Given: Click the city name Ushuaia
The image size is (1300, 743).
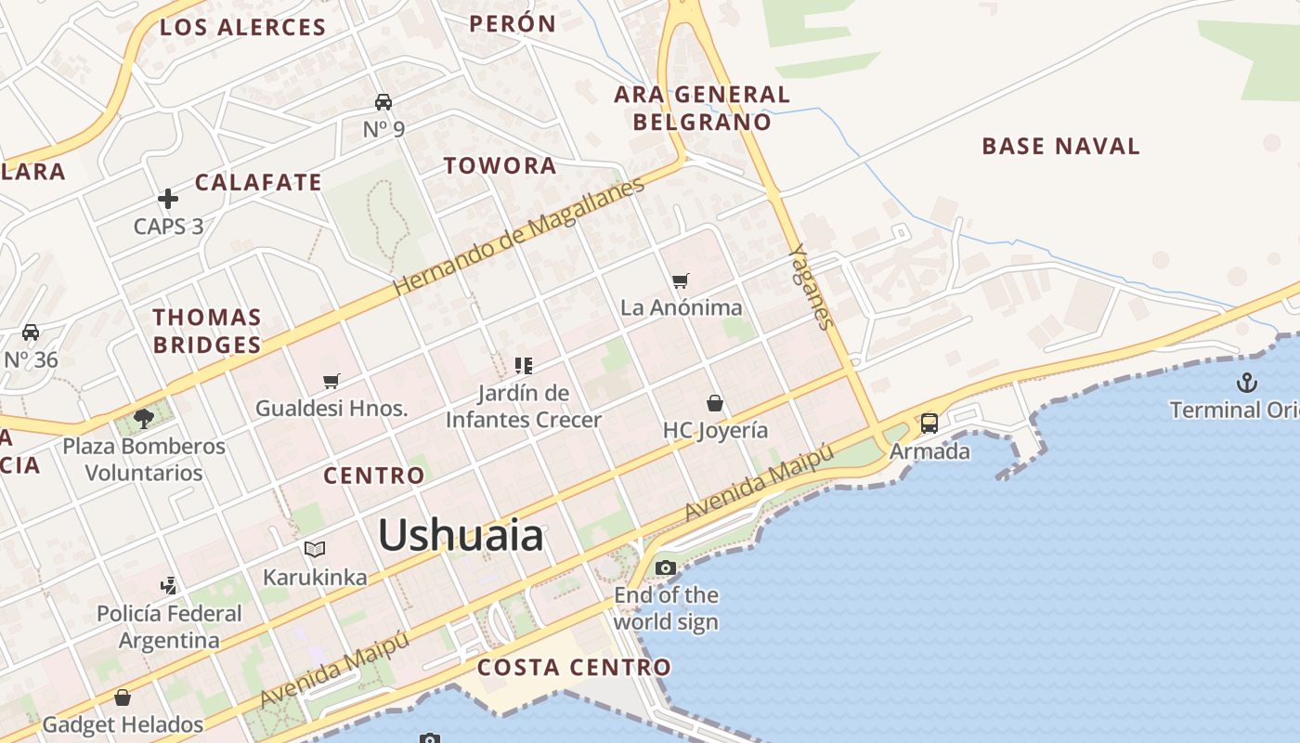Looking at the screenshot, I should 461,536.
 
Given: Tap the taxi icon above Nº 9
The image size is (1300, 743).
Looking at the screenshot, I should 383,101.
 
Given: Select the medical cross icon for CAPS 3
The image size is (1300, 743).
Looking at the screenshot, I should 168,199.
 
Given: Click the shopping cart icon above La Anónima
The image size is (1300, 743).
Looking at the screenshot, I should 681,280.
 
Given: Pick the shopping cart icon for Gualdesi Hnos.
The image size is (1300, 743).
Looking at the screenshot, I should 331,381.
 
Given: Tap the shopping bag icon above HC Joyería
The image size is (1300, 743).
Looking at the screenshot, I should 714,403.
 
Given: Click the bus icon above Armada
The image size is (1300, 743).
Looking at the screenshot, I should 929,424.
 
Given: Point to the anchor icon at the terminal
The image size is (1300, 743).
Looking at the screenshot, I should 1246,382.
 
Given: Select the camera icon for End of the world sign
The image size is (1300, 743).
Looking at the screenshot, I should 666,567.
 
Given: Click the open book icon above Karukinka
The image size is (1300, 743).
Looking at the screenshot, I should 315,550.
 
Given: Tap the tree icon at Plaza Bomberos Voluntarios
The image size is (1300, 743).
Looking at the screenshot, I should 143,419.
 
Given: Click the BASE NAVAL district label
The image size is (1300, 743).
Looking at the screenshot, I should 1060,146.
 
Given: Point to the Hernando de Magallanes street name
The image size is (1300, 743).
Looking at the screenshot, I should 518,237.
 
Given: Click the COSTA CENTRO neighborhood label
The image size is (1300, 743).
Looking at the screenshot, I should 573,667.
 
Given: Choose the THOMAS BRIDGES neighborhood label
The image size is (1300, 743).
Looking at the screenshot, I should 207,331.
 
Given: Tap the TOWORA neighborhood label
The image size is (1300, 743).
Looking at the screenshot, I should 500,166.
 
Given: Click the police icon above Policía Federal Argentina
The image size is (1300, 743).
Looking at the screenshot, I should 168,586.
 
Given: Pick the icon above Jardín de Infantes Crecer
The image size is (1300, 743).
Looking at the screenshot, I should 524,366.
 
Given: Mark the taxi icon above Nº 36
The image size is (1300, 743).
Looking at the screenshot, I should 31,332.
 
